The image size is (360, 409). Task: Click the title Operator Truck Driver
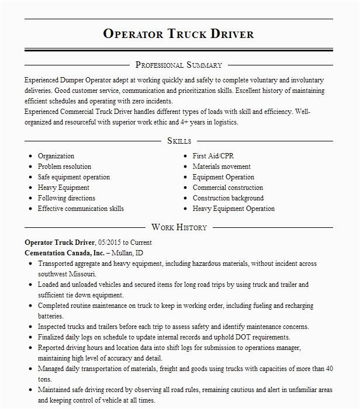[179, 33]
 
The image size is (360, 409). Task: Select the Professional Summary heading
[179, 65]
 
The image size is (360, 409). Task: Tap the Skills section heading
[179, 141]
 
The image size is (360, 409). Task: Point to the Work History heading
[179, 227]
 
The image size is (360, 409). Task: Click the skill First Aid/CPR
[213, 156]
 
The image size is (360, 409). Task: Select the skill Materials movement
[221, 167]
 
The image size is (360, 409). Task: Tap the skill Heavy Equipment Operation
[233, 209]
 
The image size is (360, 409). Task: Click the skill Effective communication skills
[81, 209]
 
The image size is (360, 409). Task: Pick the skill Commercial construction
[228, 188]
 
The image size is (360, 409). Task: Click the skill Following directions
[66, 198]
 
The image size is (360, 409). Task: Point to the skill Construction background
[228, 198]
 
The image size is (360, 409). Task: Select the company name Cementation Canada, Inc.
[64, 252]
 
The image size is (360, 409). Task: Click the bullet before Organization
[29, 157]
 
